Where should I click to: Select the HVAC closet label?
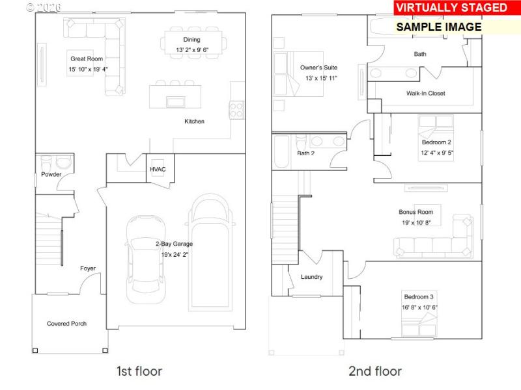click(158, 170)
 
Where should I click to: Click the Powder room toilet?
click(46, 162)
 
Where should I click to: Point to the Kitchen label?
click(194, 122)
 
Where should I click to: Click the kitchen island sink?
click(175, 101)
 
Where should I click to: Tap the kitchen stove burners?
click(236, 110)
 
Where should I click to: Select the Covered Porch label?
click(66, 324)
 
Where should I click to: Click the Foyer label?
click(88, 268)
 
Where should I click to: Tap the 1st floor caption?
click(139, 372)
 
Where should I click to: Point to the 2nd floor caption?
click(375, 372)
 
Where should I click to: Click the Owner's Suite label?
click(318, 68)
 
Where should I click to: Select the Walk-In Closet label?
click(425, 94)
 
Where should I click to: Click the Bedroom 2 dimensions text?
click(436, 153)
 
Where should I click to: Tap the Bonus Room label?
click(415, 212)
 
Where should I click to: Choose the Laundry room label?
click(311, 277)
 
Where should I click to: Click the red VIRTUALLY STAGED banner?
click(451, 8)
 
